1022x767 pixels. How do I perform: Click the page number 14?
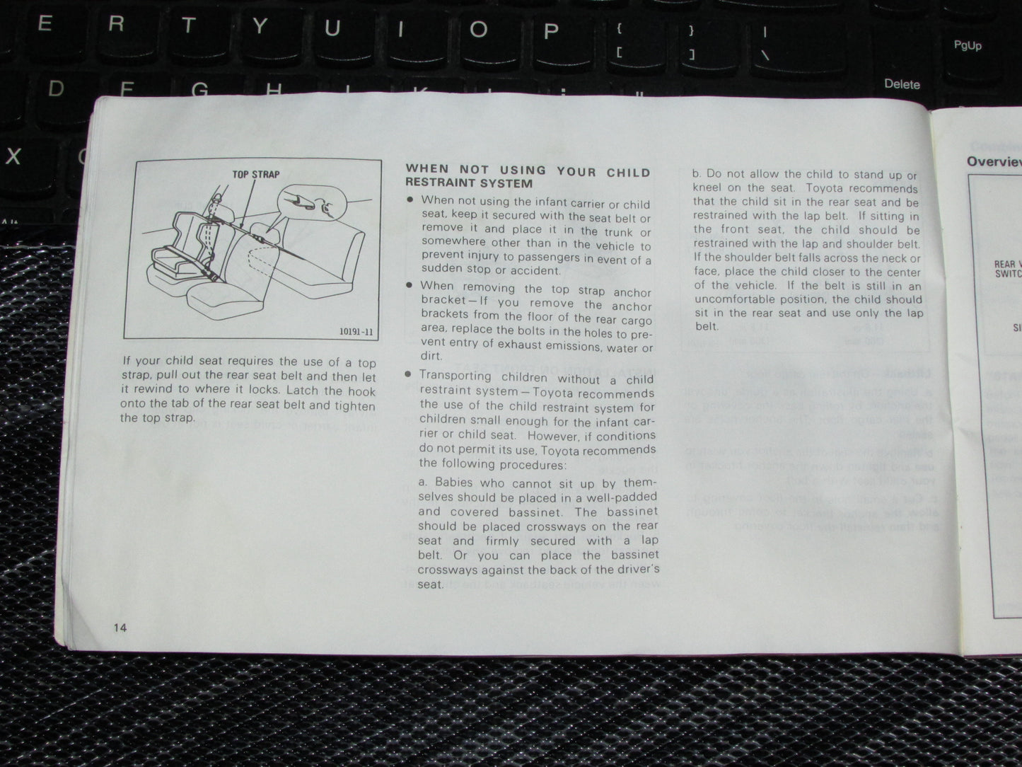[x=120, y=628]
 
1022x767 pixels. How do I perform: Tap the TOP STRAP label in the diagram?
[x=256, y=174]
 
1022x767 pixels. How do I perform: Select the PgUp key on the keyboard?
[x=968, y=45]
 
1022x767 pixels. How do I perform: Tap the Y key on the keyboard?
[x=260, y=27]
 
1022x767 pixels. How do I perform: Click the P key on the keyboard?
[x=550, y=30]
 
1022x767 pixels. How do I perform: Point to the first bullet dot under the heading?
[x=410, y=201]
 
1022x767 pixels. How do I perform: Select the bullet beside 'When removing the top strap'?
[x=410, y=284]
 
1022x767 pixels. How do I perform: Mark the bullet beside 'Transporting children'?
[x=408, y=374]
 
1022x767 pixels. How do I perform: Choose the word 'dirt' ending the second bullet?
[x=431, y=357]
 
